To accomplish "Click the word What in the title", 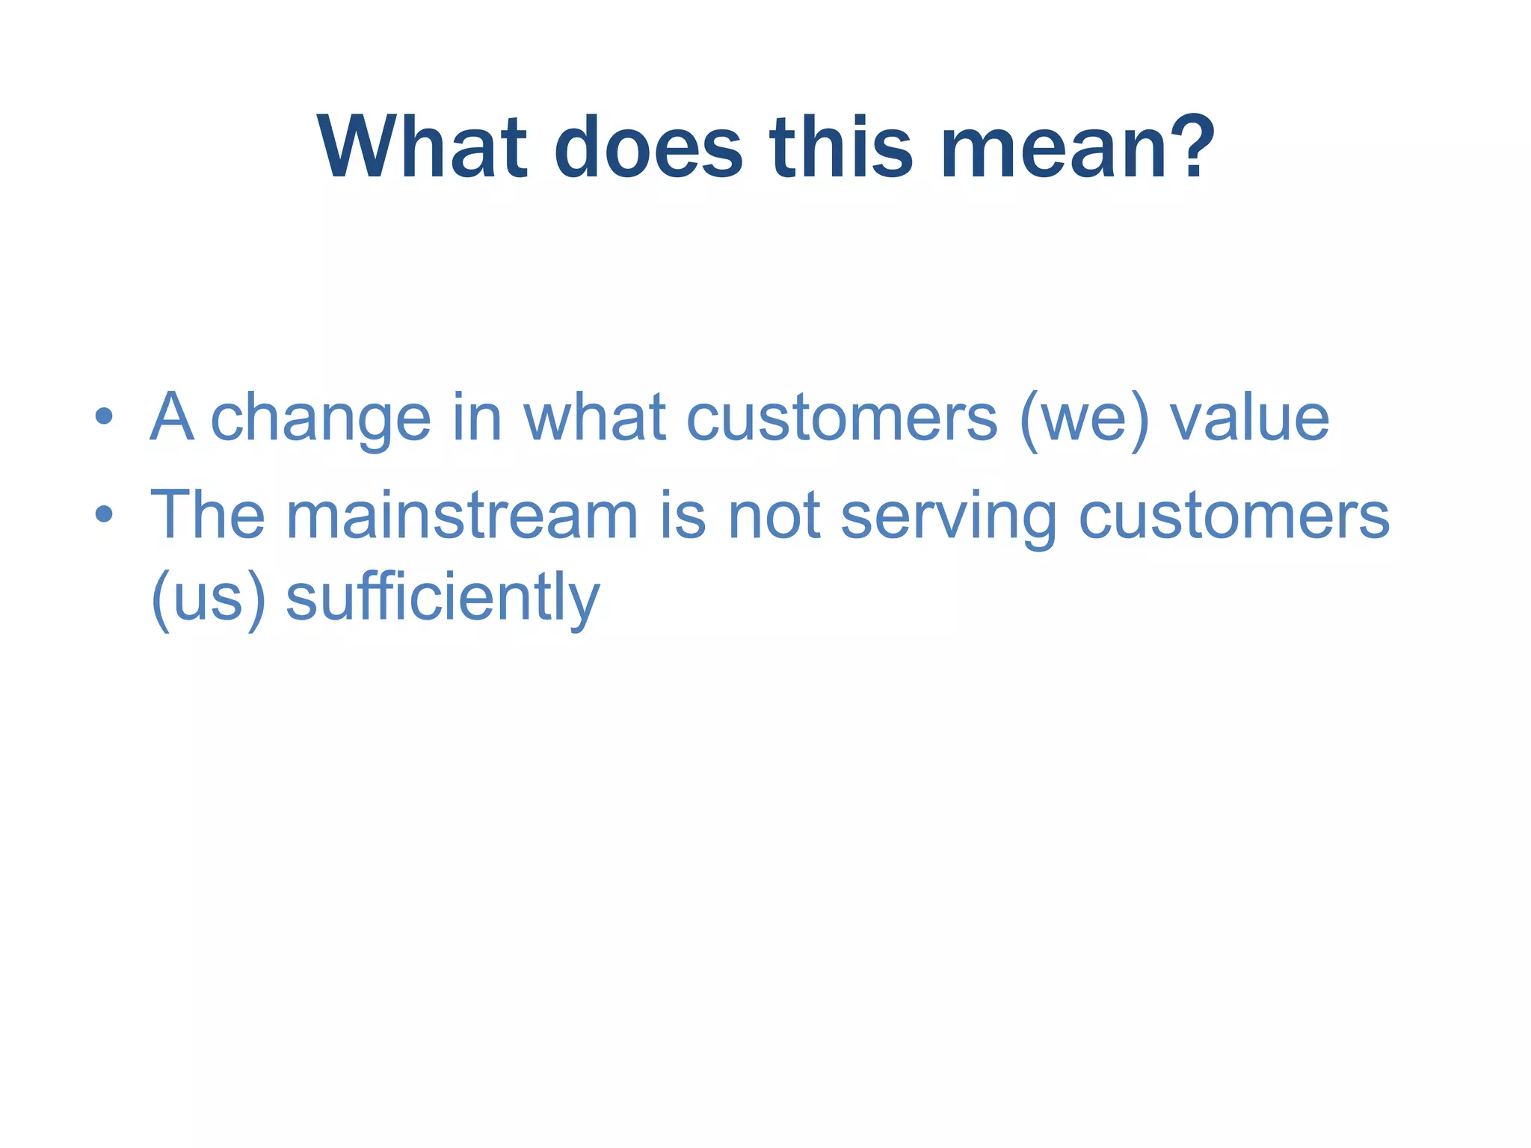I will pyautogui.click(x=422, y=147).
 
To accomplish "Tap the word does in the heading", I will pyautogui.click(x=648, y=147).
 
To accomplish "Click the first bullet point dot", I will pyautogui.click(x=104, y=417).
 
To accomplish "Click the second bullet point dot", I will pyautogui.click(x=104, y=514).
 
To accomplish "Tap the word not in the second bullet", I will pyautogui.click(x=774, y=516).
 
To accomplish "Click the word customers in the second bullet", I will pyautogui.click(x=1233, y=516).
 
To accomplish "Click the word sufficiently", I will pyautogui.click(x=443, y=599).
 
